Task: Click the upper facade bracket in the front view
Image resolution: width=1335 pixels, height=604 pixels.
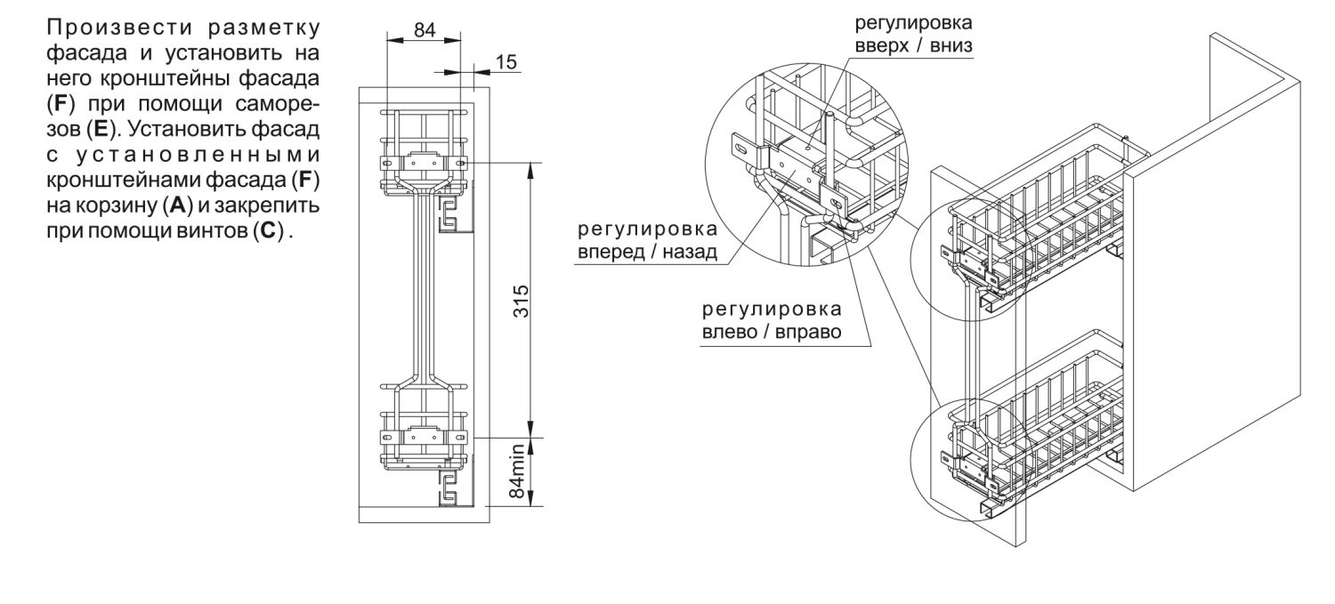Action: (424, 165)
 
